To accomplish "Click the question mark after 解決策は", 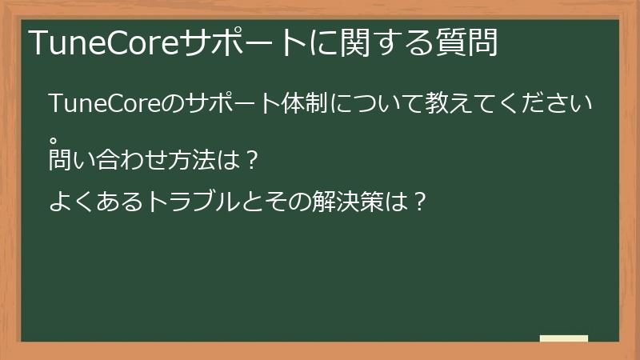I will (416, 202).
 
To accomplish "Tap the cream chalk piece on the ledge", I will (564, 338).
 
